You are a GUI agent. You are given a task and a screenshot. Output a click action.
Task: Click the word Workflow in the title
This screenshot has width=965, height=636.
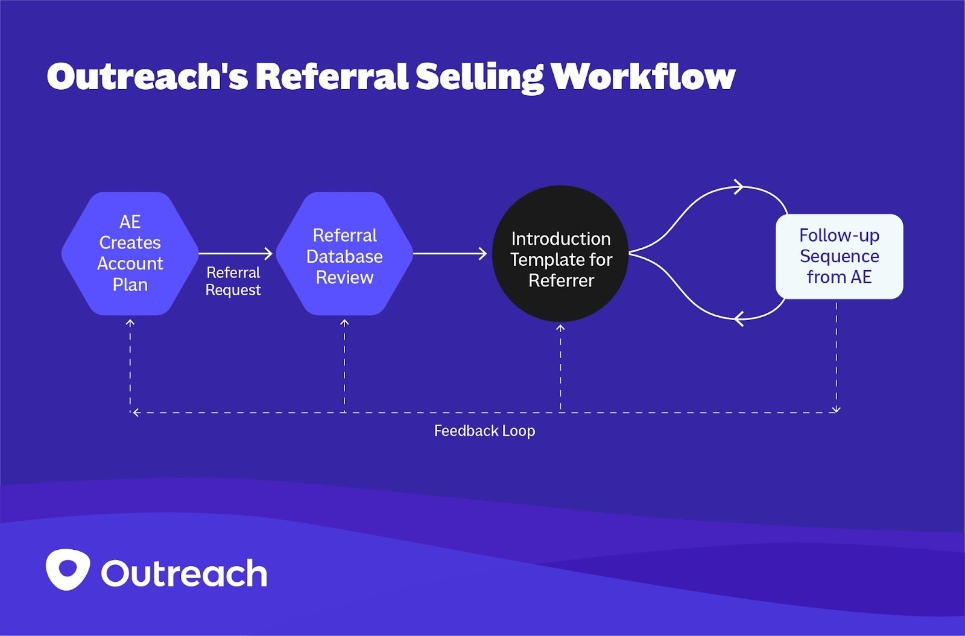[x=642, y=77]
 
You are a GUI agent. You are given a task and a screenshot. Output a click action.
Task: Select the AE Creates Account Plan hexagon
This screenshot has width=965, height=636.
[x=130, y=253]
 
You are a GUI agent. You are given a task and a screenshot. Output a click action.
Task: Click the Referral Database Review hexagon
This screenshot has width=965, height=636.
[x=344, y=254]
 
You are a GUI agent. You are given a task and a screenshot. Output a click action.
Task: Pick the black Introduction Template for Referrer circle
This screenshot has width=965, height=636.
[x=560, y=254]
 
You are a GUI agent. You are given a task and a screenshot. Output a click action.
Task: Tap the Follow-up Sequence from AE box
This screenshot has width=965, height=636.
[x=839, y=256]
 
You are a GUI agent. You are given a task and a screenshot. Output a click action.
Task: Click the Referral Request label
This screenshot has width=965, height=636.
[x=233, y=281]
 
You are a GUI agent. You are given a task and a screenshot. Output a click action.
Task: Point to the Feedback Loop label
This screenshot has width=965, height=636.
[x=484, y=430]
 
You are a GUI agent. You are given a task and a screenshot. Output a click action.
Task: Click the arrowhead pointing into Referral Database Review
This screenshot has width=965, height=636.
[x=268, y=254]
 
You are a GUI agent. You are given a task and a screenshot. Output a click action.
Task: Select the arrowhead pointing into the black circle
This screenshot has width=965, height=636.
[x=482, y=254]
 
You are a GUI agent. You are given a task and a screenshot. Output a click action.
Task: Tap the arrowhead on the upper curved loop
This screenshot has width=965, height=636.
[x=738, y=187]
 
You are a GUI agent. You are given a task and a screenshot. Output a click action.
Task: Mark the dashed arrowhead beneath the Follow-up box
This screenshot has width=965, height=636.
[x=836, y=410]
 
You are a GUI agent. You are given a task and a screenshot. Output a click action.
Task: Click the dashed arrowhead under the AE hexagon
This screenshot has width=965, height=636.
[x=130, y=323]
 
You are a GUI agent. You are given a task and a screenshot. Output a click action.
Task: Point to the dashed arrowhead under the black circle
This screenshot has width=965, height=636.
[x=560, y=328]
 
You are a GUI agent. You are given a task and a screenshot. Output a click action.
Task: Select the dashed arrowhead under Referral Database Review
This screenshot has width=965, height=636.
[x=344, y=323]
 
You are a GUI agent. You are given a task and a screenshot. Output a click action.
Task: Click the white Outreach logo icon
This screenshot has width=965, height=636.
[x=68, y=569]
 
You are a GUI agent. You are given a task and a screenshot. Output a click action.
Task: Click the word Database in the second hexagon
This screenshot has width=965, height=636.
[x=344, y=256]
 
